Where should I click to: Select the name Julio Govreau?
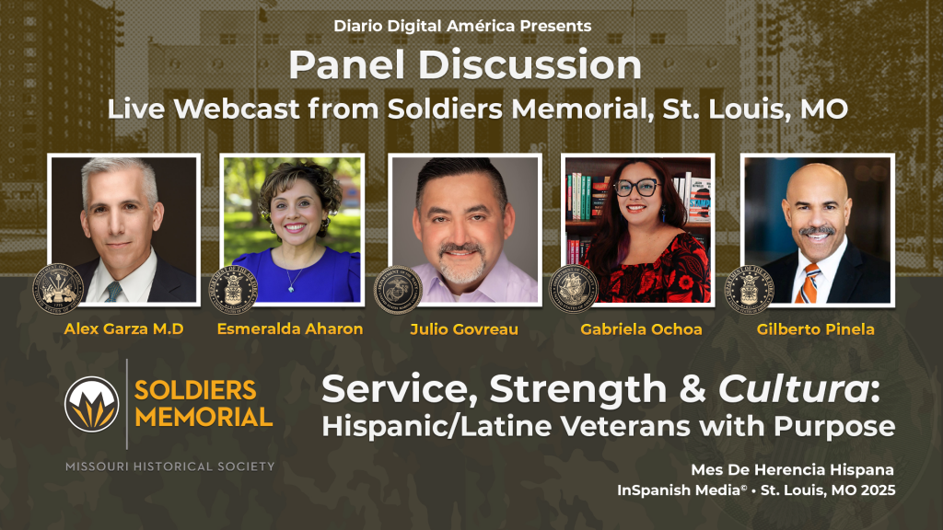[x=462, y=328]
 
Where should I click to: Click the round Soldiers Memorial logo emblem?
[x=91, y=403]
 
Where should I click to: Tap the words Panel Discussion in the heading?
[x=465, y=65]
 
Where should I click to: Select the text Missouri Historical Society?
[x=169, y=467]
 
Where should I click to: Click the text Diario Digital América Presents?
[x=464, y=27]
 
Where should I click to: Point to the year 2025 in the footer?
[x=875, y=490]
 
